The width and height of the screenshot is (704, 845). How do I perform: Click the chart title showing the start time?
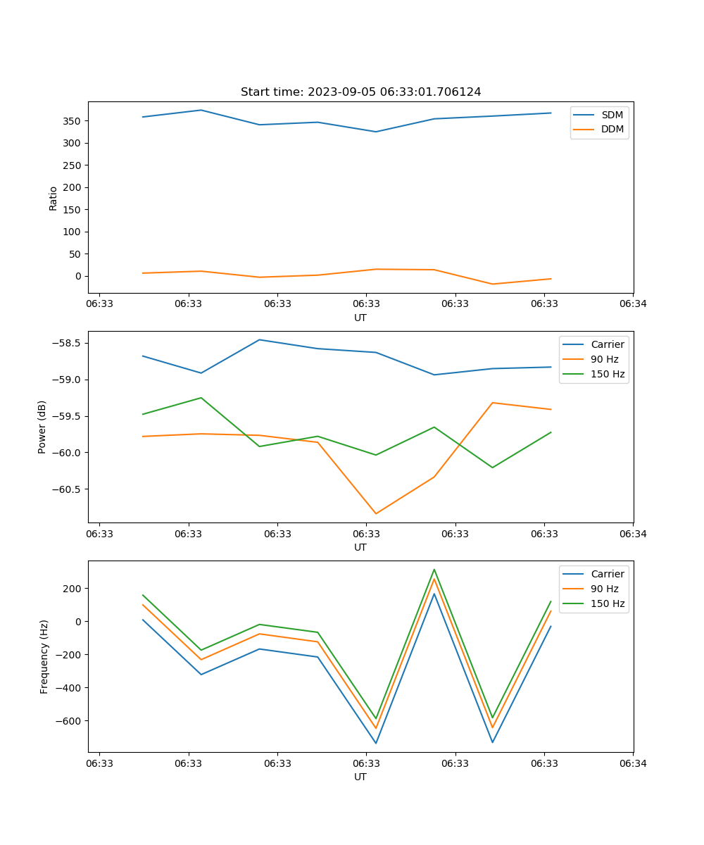pyautogui.click(x=360, y=92)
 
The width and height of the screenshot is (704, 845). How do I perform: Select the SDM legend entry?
pyautogui.click(x=612, y=114)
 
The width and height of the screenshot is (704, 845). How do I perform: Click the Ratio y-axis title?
pyautogui.click(x=54, y=198)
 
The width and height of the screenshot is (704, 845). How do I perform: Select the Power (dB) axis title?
pyautogui.click(x=42, y=427)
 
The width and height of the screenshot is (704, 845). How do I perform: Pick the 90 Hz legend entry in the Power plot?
pyautogui.click(x=605, y=359)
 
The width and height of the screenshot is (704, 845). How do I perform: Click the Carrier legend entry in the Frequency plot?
pyautogui.click(x=607, y=574)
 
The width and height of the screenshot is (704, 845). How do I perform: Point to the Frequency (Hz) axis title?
pyautogui.click(x=44, y=656)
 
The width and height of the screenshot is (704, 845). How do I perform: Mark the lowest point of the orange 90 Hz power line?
pyautogui.click(x=376, y=513)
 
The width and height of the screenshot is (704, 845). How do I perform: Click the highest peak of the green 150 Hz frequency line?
pyautogui.click(x=434, y=570)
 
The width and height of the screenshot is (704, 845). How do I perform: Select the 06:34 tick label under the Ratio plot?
pyautogui.click(x=633, y=304)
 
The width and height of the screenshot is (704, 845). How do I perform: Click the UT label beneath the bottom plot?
pyautogui.click(x=360, y=777)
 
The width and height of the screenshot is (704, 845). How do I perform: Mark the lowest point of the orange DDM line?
pyautogui.click(x=493, y=284)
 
